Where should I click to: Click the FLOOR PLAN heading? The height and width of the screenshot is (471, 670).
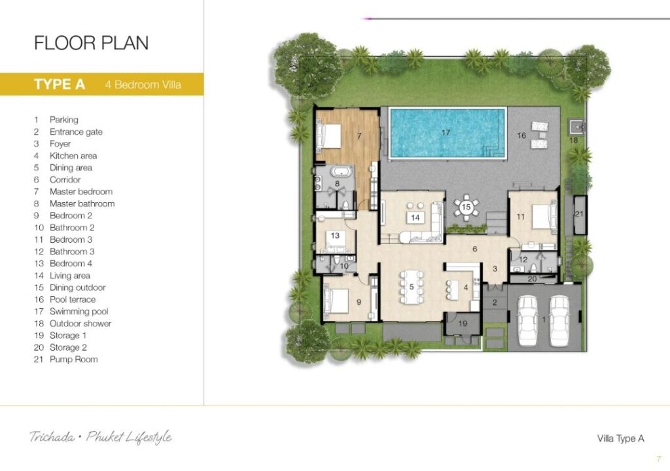tap(91, 43)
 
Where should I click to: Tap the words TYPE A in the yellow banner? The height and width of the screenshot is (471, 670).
tap(60, 84)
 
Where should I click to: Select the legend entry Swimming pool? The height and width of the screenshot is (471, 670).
tap(79, 311)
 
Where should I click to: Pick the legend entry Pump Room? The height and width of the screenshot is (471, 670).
tap(73, 359)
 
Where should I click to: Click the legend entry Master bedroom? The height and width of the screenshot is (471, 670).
tap(81, 192)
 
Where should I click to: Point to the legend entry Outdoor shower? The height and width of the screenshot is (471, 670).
tap(80, 324)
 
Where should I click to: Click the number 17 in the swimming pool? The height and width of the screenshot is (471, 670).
tap(446, 133)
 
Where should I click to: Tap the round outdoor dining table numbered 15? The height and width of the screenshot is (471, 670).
tap(466, 207)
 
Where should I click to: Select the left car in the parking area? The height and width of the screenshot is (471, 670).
tap(527, 321)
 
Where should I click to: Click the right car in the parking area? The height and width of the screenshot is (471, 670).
tap(559, 321)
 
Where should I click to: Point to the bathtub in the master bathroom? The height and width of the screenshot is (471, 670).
tap(341, 172)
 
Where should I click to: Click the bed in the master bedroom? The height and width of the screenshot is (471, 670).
tap(328, 137)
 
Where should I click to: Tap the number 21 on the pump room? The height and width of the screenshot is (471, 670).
tap(579, 214)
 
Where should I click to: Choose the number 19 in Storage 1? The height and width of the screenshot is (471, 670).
tap(463, 324)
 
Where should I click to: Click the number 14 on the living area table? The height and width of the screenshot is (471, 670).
tap(415, 218)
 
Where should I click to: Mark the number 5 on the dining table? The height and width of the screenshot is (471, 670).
tap(412, 287)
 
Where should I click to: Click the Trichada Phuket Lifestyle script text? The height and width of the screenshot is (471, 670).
tap(101, 437)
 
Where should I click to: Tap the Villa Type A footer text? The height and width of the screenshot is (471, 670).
tap(620, 438)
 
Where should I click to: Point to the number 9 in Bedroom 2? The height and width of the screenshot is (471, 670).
tap(359, 302)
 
